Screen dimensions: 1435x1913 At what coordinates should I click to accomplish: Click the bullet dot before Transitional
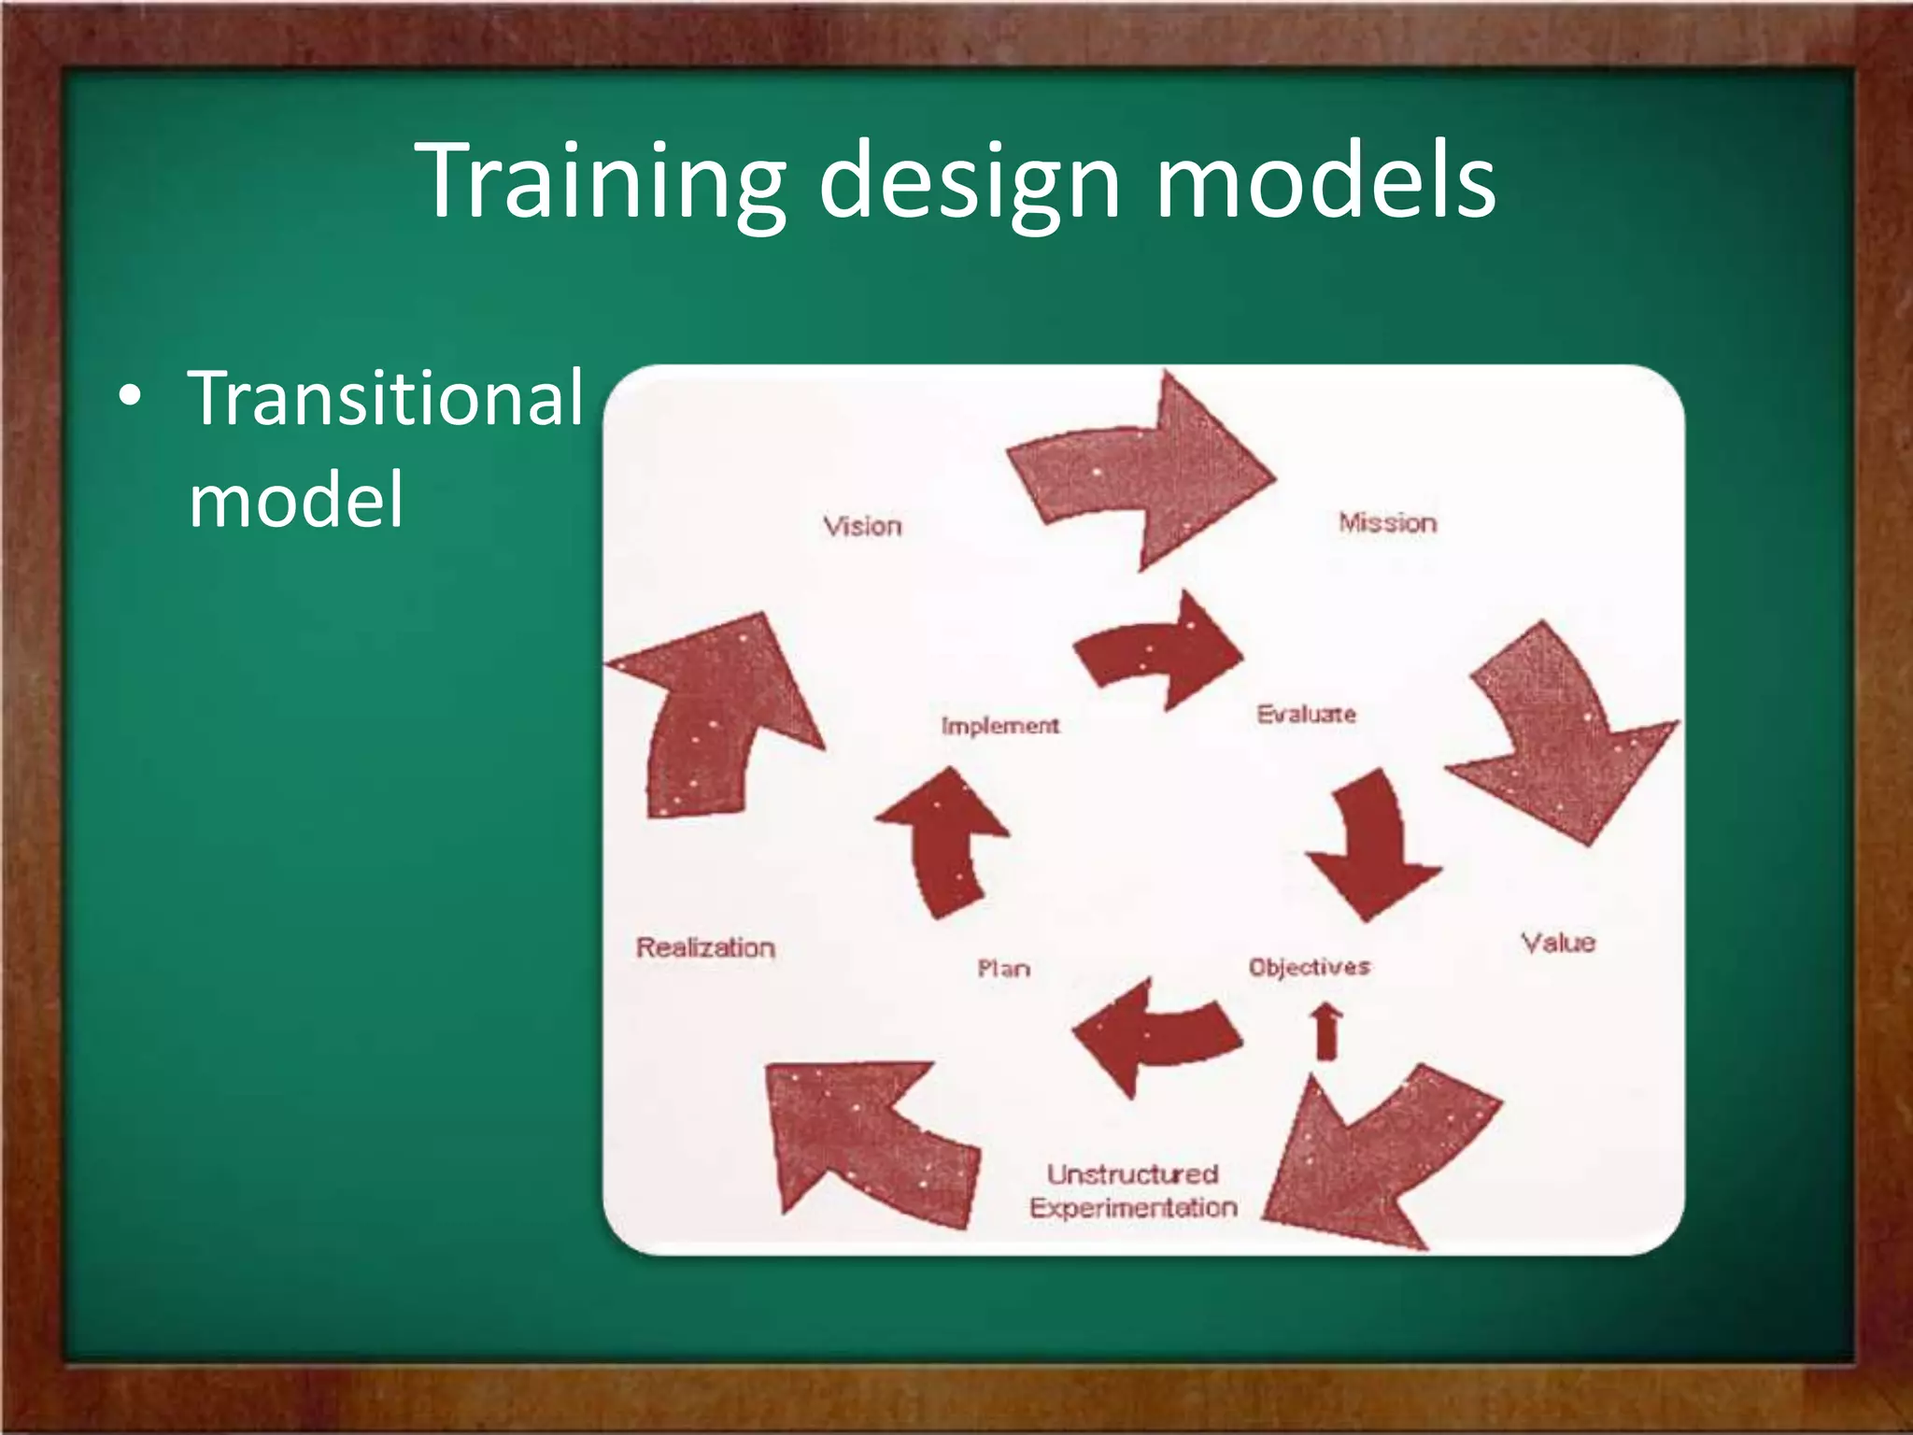coord(131,396)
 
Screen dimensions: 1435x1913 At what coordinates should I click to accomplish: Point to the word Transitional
coord(386,398)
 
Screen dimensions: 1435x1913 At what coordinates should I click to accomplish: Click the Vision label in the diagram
coord(862,526)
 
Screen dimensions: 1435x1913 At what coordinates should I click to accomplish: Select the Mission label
coord(1387,523)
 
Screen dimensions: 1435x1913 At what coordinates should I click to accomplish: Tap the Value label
coord(1557,943)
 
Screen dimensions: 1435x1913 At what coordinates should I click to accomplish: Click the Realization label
coord(705,947)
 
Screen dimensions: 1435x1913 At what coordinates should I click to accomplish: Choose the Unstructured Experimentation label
coord(1133,1190)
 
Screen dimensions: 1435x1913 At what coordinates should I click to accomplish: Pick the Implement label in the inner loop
coord(999,726)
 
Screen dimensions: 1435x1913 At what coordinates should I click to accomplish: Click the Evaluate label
coord(1306,715)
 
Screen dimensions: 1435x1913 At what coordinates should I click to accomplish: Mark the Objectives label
coord(1309,967)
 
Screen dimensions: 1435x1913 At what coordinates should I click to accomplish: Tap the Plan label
coord(1003,969)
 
